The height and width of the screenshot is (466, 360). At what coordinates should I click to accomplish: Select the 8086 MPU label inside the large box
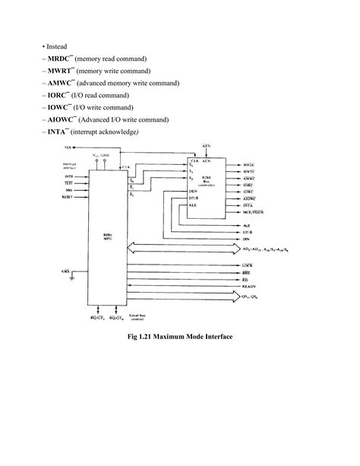pos(109,237)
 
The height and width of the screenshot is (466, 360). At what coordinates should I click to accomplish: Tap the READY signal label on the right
pos(248,286)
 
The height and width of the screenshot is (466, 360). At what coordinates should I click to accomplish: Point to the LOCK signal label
pos(247,264)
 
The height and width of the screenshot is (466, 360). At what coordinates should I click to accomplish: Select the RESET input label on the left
pos(67,196)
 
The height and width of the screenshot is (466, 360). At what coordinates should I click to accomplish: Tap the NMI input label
pos(68,190)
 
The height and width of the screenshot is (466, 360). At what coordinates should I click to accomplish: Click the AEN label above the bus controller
pos(207,144)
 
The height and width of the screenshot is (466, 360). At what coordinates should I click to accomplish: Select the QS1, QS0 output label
pos(250,298)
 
